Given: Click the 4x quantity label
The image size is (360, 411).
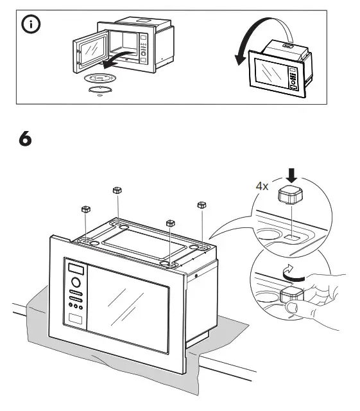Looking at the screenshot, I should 262,186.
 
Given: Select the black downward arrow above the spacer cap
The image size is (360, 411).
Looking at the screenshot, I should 291,175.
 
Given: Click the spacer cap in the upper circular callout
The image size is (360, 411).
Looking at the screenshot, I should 289,195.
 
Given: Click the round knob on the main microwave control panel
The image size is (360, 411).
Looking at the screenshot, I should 75,282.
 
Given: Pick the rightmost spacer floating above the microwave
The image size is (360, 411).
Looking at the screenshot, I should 201,205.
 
